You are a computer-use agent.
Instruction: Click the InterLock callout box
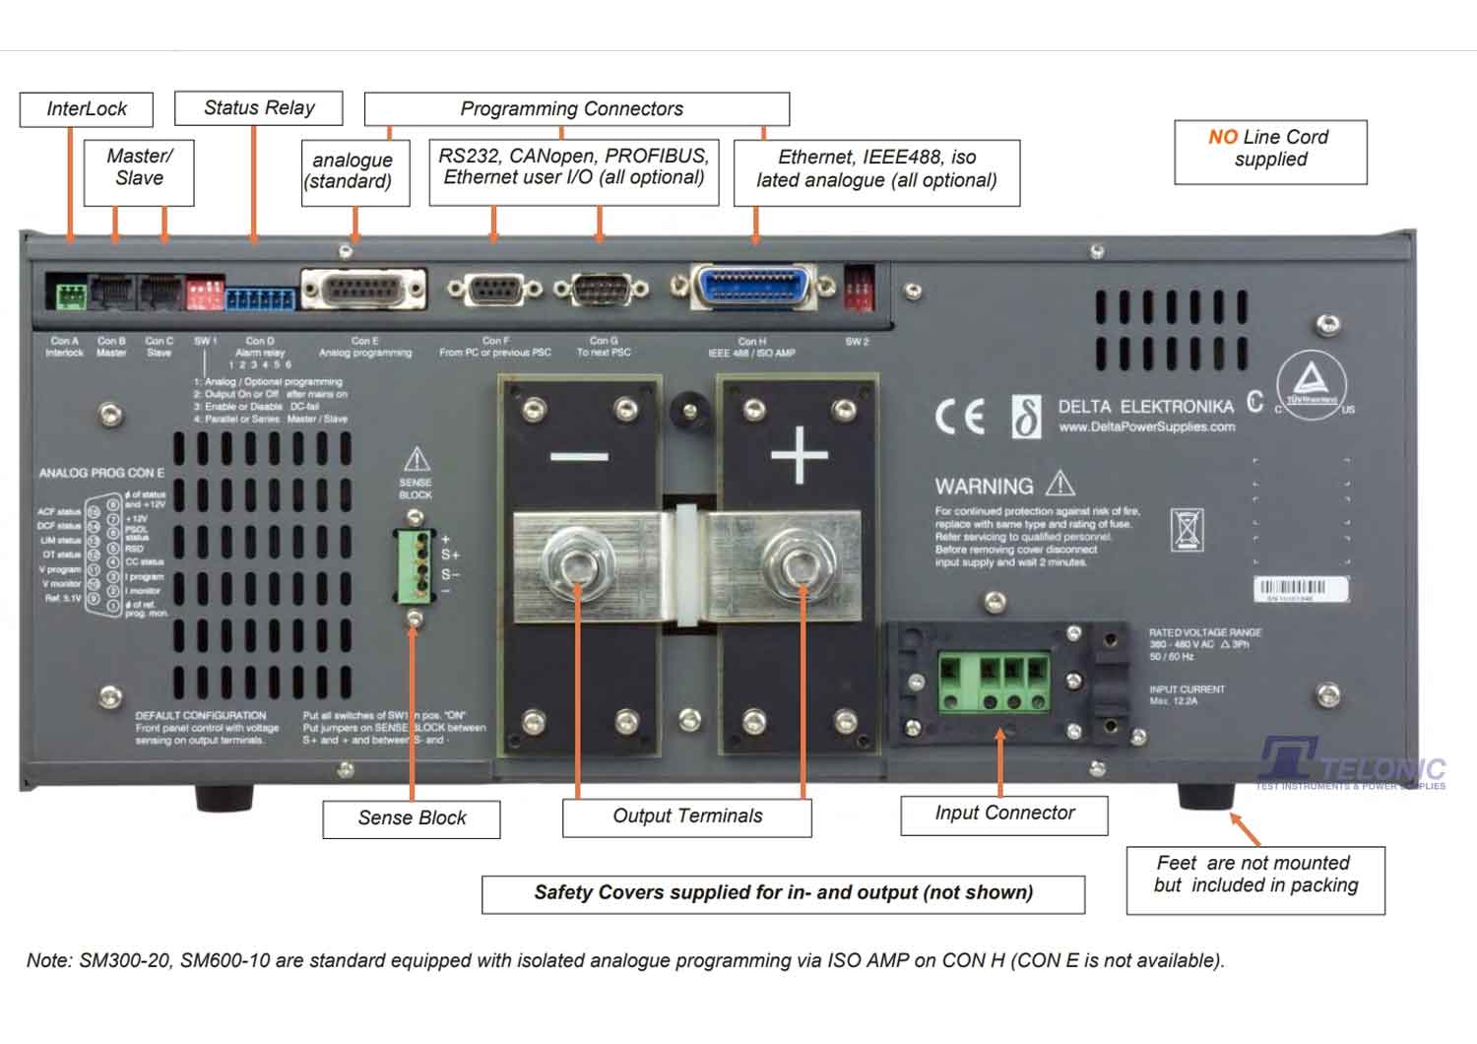(87, 109)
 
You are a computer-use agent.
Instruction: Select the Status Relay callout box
(259, 108)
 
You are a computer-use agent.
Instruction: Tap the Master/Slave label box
(139, 167)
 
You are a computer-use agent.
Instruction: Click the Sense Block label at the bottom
(412, 818)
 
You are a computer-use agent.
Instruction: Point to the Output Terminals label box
(687, 816)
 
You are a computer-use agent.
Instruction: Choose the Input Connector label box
(1004, 814)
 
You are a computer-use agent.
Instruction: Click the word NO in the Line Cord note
(1223, 137)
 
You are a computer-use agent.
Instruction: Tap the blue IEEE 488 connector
(755, 288)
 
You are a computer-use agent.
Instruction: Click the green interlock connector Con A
(70, 294)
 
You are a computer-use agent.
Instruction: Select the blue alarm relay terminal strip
(260, 298)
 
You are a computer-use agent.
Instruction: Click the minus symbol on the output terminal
(579, 456)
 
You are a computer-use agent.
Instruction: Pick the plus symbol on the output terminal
(799, 455)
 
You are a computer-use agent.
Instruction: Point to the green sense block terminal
(415, 566)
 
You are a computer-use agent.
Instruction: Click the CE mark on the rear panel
(960, 417)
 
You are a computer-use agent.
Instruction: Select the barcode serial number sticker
(1300, 589)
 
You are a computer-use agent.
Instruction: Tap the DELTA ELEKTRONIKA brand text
(1145, 407)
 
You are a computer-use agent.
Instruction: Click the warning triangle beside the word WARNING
(1060, 484)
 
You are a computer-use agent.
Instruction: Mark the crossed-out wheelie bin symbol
(1188, 530)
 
